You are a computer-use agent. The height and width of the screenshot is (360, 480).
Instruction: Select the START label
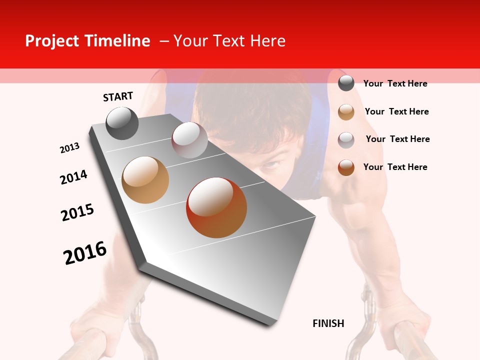coord(118,96)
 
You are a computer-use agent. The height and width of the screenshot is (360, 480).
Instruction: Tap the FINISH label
coord(328,323)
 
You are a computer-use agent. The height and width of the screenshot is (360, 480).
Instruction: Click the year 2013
coord(70,148)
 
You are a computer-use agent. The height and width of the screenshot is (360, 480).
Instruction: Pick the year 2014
coord(73,177)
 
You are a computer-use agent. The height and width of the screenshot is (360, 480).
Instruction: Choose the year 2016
coord(85,253)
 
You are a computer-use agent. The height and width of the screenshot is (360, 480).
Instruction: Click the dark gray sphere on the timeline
coord(122,123)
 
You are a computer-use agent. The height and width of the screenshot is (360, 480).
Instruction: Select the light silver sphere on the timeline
coord(189,140)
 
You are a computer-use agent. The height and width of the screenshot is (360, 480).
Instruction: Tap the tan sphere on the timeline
coord(145,180)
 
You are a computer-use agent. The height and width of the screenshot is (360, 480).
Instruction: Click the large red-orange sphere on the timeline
coord(216,207)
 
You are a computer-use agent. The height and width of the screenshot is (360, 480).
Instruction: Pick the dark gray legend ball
coord(346,83)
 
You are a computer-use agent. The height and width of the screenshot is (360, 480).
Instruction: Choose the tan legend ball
coord(346,111)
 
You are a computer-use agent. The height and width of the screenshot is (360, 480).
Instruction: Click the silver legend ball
coord(346,139)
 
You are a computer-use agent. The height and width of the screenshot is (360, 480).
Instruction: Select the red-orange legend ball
coord(346,167)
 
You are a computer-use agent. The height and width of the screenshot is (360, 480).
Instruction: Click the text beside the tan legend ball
coord(396,111)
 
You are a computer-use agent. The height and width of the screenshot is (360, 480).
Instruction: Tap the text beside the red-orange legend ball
coord(395,167)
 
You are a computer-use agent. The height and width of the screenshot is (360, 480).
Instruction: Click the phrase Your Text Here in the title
coord(229,41)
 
